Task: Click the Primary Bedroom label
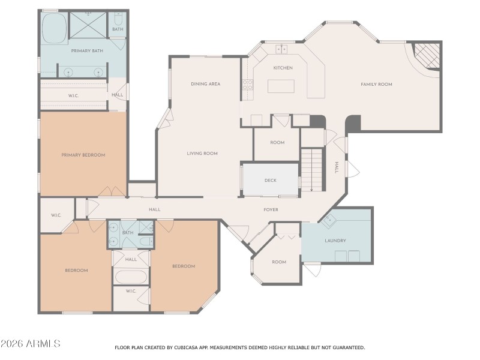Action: point(83,155)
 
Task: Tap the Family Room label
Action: point(376,85)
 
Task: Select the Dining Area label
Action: point(205,84)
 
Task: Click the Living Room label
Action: point(202,154)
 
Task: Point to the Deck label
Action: point(271,181)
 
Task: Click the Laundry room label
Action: point(335,241)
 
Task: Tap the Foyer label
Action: point(271,209)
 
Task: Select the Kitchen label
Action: point(283,68)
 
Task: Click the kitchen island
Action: point(282,86)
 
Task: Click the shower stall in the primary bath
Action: point(88,25)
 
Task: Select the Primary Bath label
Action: point(88,51)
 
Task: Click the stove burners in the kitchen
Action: point(247,85)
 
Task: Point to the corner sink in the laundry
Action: point(328,221)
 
